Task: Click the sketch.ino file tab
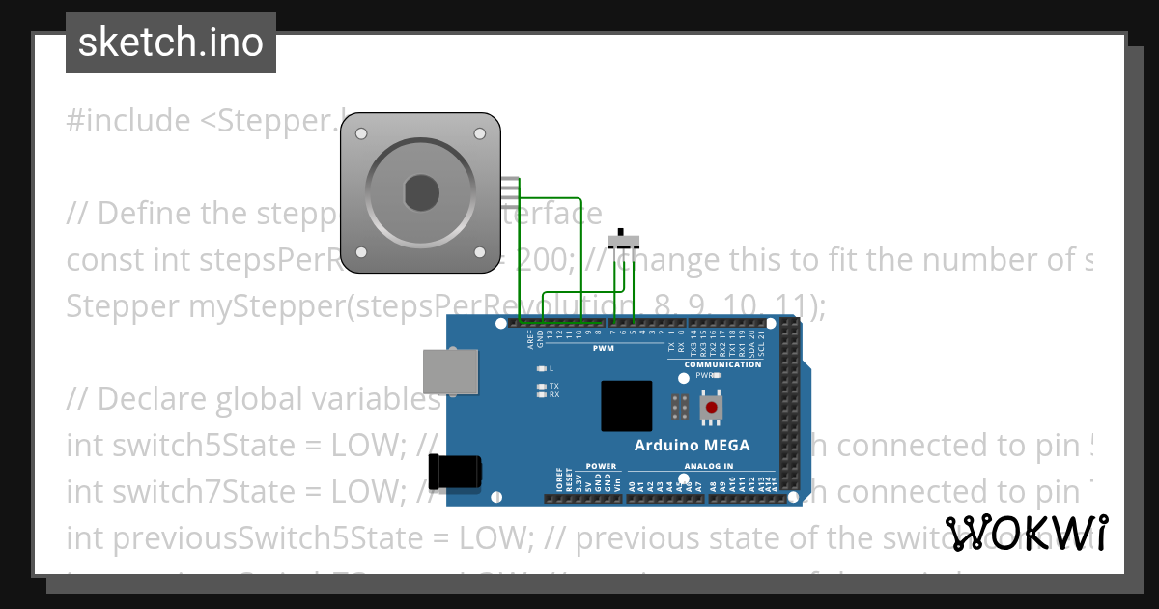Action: (171, 43)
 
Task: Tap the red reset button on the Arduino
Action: (713, 407)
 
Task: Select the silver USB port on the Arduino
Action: (451, 372)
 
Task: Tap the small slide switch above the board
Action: (628, 240)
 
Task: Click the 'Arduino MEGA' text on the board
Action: (692, 446)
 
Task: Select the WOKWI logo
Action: (1026, 533)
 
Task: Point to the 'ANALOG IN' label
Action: (710, 466)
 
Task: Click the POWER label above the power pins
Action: (601, 466)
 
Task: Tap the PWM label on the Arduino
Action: (604, 348)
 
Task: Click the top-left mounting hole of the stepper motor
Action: (360, 131)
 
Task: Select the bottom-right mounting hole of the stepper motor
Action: (481, 252)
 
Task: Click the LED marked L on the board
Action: (541, 369)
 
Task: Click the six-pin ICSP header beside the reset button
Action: (679, 407)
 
